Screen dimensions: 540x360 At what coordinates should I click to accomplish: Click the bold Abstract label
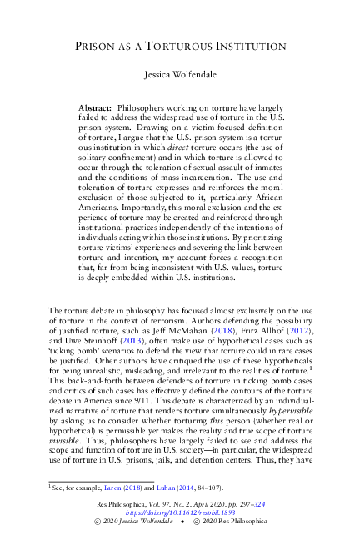[118, 108]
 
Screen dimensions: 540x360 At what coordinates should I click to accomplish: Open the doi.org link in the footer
[180, 513]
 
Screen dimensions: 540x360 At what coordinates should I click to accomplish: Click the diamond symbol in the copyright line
[180, 523]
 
